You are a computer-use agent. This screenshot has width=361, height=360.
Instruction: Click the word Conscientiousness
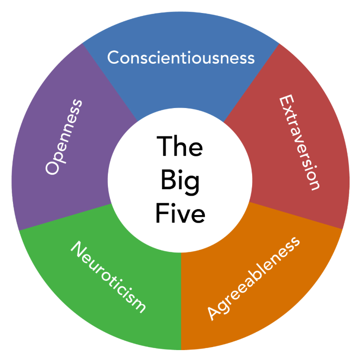click(x=180, y=58)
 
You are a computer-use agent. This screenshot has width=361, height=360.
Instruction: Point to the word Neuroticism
click(x=108, y=277)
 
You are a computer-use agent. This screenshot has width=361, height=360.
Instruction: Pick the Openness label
click(x=64, y=137)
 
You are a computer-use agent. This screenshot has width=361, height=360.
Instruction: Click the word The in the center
click(x=180, y=147)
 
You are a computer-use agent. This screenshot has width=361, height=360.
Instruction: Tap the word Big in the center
click(x=180, y=180)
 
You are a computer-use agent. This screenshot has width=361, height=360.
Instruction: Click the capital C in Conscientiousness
click(x=113, y=58)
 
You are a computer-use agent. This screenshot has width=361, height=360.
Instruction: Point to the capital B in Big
click(x=167, y=180)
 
